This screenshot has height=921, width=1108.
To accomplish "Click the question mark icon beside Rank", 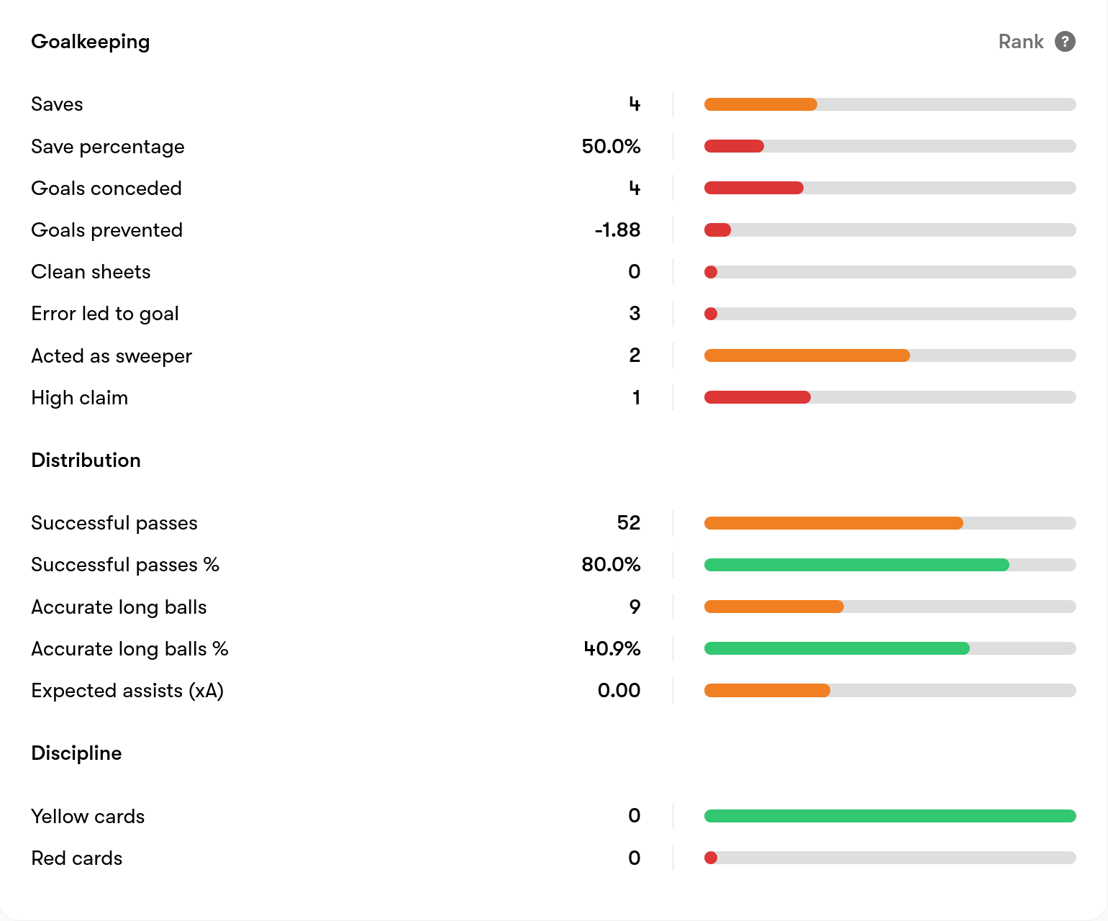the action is click(x=1065, y=42).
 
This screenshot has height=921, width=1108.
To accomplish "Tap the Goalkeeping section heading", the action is click(x=90, y=42).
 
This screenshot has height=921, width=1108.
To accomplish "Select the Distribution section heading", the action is click(x=86, y=460).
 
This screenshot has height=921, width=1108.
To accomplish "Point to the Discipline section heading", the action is click(x=76, y=753).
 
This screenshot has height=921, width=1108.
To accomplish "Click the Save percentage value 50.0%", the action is click(x=611, y=146).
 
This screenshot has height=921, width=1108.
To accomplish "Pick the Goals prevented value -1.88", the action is click(x=618, y=230).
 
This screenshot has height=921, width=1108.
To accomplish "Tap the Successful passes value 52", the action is click(x=629, y=523).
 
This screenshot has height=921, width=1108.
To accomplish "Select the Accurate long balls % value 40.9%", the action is click(x=612, y=649).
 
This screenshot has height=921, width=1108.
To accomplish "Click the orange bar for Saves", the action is click(x=760, y=104).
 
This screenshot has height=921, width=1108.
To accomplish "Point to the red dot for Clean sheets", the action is click(x=711, y=272).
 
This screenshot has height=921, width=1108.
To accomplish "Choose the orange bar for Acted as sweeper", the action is click(x=807, y=355).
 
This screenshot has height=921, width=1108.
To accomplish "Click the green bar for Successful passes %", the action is click(x=856, y=565).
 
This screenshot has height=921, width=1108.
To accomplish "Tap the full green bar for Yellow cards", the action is click(x=890, y=816).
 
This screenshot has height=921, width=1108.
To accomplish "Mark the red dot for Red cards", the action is click(x=711, y=858).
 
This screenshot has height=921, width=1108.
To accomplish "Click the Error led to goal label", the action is click(x=105, y=314).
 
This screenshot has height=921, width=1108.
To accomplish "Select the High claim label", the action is click(x=80, y=398).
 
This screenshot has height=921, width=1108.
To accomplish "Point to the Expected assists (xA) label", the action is click(x=127, y=691).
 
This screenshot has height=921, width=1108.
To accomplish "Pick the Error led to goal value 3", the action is click(x=635, y=314).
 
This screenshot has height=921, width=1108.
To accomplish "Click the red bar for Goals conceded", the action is click(x=753, y=188).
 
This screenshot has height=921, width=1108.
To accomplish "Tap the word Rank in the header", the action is click(x=1021, y=42).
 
